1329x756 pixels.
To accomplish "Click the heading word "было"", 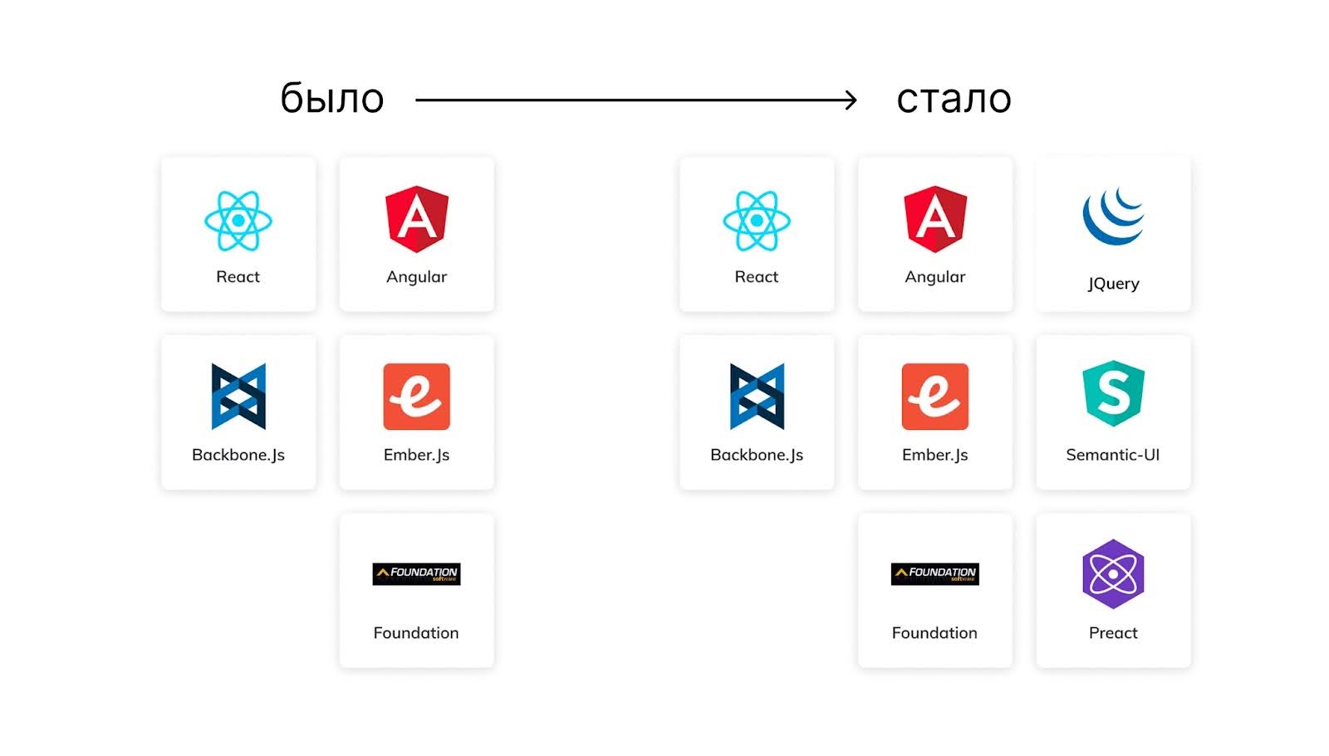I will click(x=331, y=99).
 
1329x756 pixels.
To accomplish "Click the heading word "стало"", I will click(x=954, y=100).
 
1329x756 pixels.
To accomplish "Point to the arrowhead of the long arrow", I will click(x=851, y=100).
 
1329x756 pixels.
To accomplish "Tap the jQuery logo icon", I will click(x=1113, y=217).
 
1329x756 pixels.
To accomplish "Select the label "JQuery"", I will click(x=1113, y=284).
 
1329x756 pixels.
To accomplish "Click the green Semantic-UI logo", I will click(x=1113, y=393).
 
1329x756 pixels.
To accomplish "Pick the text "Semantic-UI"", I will click(x=1113, y=455).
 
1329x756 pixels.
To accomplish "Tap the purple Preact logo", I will click(x=1113, y=573).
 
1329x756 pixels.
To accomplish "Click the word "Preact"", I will click(x=1113, y=633).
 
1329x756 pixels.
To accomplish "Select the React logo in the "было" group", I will click(x=238, y=221).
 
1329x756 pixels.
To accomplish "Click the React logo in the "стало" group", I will click(x=757, y=221).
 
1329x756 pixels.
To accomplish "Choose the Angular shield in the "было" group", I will click(x=417, y=218).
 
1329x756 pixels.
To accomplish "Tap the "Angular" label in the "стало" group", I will click(x=935, y=277).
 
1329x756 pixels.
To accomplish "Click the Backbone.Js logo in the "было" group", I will click(x=238, y=397).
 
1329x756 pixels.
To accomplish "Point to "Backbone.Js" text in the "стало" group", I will click(x=757, y=455).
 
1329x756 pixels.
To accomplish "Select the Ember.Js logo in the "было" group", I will click(x=417, y=397).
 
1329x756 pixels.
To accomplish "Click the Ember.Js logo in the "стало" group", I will click(x=935, y=397).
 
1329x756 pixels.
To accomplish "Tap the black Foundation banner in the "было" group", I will click(x=417, y=573).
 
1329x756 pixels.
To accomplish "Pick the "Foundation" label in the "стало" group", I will click(x=934, y=633).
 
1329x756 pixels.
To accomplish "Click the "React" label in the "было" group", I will click(x=238, y=277).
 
